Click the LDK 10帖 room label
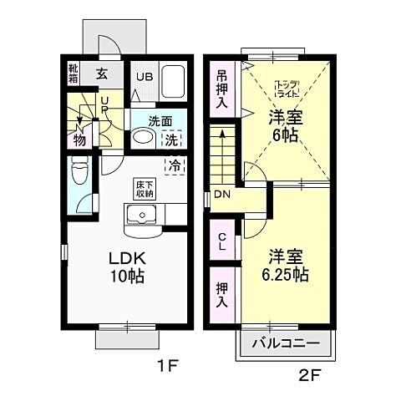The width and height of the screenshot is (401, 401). coord(124,265)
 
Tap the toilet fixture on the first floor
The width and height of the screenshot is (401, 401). coord(80,173)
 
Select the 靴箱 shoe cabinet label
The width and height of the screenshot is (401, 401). coord(74,73)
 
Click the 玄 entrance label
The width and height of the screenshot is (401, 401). coord(101,74)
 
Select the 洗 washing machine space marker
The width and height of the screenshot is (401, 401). coord(170,139)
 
